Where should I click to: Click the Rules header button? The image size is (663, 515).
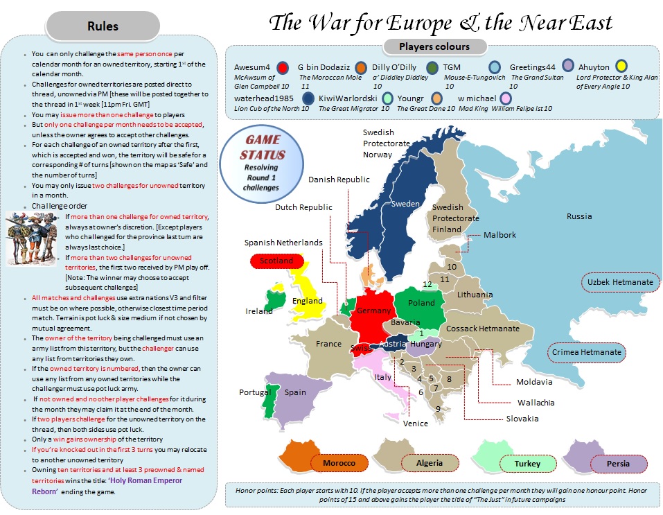(103, 27)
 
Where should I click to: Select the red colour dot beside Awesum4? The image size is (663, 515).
(282, 67)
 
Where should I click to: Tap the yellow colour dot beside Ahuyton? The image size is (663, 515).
(621, 67)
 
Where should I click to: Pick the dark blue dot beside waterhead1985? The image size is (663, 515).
(301, 98)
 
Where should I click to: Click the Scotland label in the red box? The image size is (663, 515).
(276, 261)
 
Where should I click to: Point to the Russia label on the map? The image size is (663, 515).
(579, 216)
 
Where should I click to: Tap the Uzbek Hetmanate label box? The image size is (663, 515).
(620, 283)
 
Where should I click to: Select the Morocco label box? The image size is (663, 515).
(339, 463)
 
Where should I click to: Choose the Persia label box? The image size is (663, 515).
(618, 463)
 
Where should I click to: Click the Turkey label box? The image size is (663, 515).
(527, 463)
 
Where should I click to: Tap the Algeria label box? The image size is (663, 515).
(430, 463)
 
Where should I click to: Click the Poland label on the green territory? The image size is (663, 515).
(421, 303)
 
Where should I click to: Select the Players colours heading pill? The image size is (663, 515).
(434, 47)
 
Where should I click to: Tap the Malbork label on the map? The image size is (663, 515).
(500, 235)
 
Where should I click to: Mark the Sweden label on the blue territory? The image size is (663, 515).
(405, 204)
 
